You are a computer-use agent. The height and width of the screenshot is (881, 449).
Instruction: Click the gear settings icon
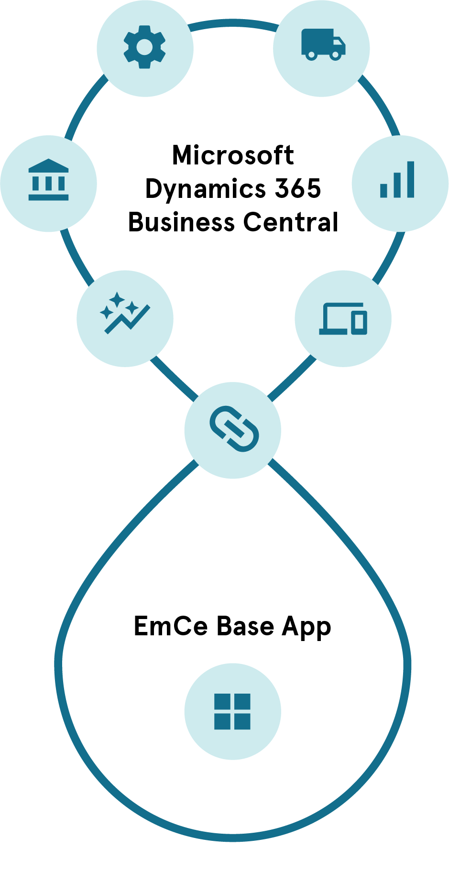click(145, 48)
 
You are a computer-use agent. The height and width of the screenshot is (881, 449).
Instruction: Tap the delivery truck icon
click(323, 44)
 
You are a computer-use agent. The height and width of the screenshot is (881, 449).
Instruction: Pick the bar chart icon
click(397, 180)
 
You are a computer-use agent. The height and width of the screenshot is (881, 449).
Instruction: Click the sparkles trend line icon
click(124, 314)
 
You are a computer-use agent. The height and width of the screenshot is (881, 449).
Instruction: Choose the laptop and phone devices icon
click(343, 318)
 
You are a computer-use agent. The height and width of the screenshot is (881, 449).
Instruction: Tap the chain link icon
click(234, 429)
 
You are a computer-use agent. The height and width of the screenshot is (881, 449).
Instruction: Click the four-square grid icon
click(232, 711)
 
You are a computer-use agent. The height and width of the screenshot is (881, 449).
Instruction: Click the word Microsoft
click(233, 155)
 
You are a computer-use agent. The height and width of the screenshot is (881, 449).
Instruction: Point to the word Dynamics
click(206, 189)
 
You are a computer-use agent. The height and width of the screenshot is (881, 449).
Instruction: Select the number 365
click(297, 188)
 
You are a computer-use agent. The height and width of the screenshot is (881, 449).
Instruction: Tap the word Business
click(181, 222)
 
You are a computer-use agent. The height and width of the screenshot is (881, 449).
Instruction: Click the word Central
click(291, 222)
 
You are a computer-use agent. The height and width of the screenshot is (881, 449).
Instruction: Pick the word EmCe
click(171, 626)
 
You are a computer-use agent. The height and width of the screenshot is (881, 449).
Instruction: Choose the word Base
click(245, 626)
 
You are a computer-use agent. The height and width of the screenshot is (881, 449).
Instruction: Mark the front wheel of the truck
click(336, 55)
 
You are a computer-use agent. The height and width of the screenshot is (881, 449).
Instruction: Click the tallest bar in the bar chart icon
click(410, 179)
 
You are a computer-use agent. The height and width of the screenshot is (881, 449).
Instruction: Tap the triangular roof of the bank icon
click(48, 165)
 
